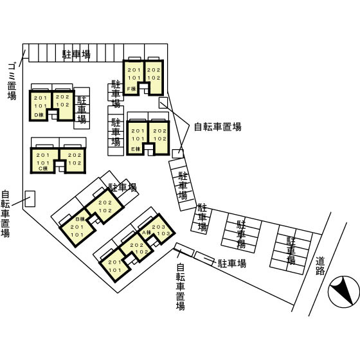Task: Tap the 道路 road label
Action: click(319, 266)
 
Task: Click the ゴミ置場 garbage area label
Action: click(12, 81)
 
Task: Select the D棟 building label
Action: click(39, 115)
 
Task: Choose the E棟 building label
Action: click(136, 148)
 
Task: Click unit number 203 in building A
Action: click(159, 228)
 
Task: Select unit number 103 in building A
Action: click(164, 235)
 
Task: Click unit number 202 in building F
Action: click(154, 69)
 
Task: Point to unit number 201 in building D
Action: click(41, 98)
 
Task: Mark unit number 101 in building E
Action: click(138, 139)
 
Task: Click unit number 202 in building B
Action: click(106, 203)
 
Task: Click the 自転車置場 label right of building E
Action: click(218, 127)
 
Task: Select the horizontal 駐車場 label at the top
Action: click(76, 54)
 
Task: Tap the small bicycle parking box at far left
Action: click(30, 198)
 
